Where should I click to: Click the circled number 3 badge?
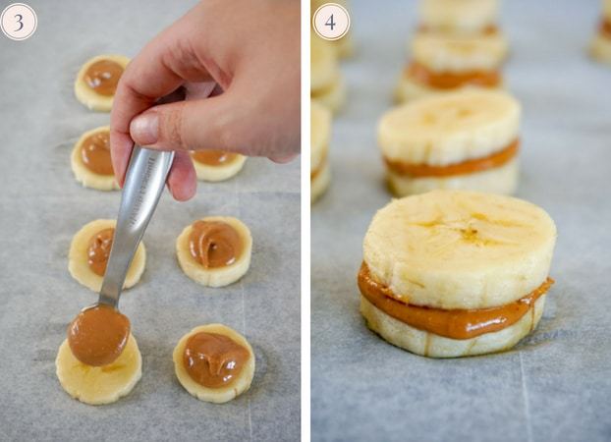coord(19,22)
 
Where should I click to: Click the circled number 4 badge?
coord(330,22)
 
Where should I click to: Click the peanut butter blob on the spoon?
coord(98,336)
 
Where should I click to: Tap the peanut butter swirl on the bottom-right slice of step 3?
coord(215,359)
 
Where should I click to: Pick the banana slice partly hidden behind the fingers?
coord(217,165)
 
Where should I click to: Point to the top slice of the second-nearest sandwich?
coord(449,127)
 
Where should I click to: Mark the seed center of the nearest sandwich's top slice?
coord(470,233)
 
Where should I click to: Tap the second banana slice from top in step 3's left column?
coord(94,159)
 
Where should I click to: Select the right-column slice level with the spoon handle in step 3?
coord(214,251)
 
